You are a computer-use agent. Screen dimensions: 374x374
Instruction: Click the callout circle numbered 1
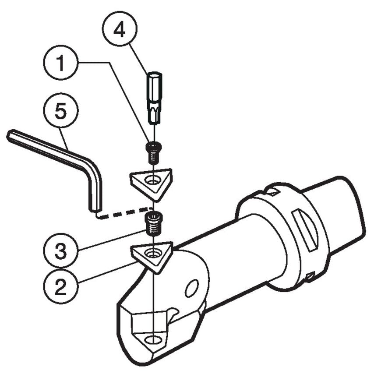pyautogui.click(x=61, y=64)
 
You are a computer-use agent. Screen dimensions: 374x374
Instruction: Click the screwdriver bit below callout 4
pyautogui.click(x=154, y=98)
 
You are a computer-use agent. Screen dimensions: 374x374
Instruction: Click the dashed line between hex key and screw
pyautogui.click(x=125, y=212)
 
